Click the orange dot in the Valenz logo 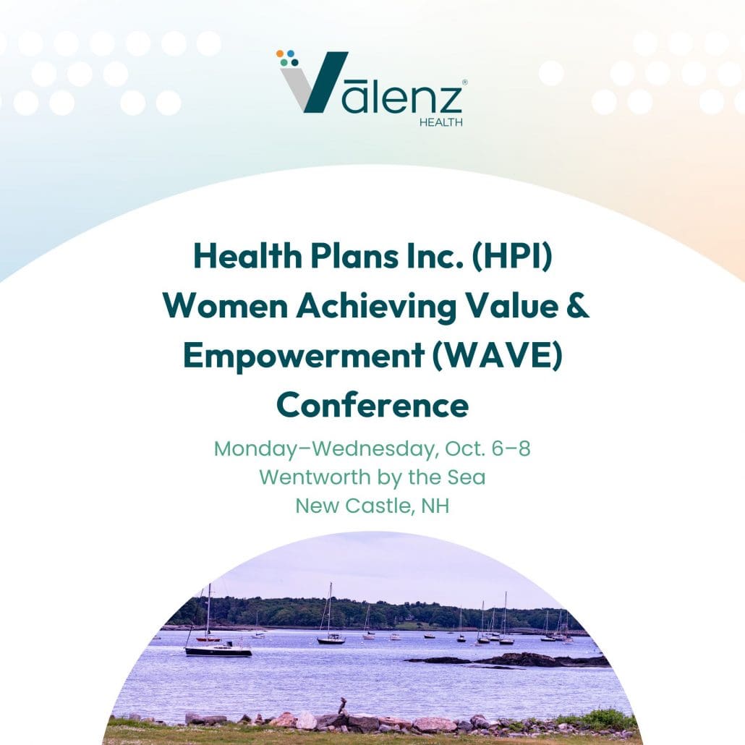coord(280,54)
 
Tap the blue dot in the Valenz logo coord(290,54)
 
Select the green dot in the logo coord(284,62)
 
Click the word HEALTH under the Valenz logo coord(441,122)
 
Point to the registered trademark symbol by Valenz coord(464,82)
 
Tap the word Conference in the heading coord(372,405)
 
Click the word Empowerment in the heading coord(304,356)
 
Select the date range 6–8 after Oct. coord(511,448)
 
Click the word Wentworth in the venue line coord(315,477)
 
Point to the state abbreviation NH coord(435,506)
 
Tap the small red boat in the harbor coord(208,639)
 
